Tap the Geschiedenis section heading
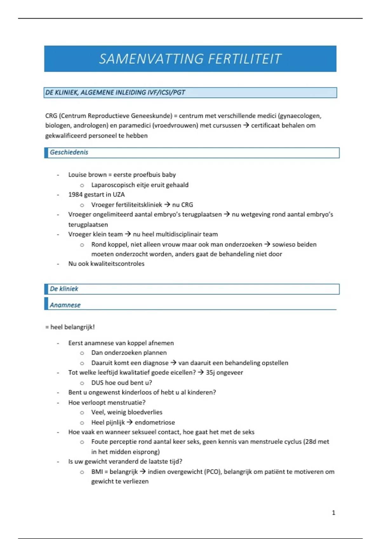(x=69, y=152)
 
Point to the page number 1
(x=333, y=513)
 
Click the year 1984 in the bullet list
(x=75, y=195)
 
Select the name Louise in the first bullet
(x=77, y=175)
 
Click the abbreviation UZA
(x=119, y=195)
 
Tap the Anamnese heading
(x=65, y=305)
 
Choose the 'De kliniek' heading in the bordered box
(x=64, y=289)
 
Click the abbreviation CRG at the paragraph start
(x=51, y=116)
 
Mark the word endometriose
(x=155, y=422)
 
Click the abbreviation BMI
(x=97, y=472)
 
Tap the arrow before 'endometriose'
(x=130, y=422)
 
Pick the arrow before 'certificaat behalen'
(x=246, y=126)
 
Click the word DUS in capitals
(x=97, y=383)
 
